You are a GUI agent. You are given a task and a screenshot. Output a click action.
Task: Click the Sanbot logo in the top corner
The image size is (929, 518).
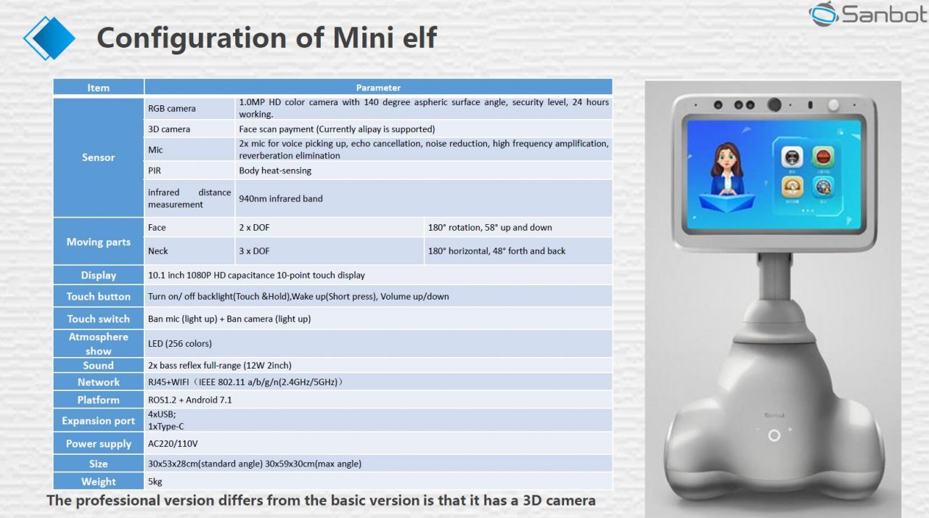point(868,14)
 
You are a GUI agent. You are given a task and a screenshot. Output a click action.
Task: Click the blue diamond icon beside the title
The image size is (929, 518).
point(49,37)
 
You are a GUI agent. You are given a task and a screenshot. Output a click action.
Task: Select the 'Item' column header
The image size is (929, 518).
point(98,88)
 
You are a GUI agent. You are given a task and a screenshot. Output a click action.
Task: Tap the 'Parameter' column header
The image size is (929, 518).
point(378,88)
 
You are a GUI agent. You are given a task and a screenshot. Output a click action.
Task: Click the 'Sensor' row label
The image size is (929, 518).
point(98,157)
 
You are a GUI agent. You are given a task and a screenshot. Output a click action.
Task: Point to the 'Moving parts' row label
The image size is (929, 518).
point(98,242)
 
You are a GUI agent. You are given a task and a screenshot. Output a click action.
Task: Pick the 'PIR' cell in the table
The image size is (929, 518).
point(155,170)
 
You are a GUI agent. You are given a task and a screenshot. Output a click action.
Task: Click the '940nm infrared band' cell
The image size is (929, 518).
point(280,198)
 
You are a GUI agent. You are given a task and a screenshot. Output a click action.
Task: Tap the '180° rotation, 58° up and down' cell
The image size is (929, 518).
point(490,227)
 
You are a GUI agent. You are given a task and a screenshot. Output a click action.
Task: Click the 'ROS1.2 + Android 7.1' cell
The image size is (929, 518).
point(190,400)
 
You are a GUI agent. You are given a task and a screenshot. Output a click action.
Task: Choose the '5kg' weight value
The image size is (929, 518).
point(155,481)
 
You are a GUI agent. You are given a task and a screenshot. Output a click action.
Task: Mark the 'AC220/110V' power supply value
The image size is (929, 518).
point(173,443)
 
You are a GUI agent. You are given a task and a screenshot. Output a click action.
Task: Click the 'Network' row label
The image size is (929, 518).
point(98,382)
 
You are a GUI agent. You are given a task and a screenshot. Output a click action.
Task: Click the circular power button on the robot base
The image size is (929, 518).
point(774,435)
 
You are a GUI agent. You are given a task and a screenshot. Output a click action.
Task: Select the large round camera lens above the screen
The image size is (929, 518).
point(775,104)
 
